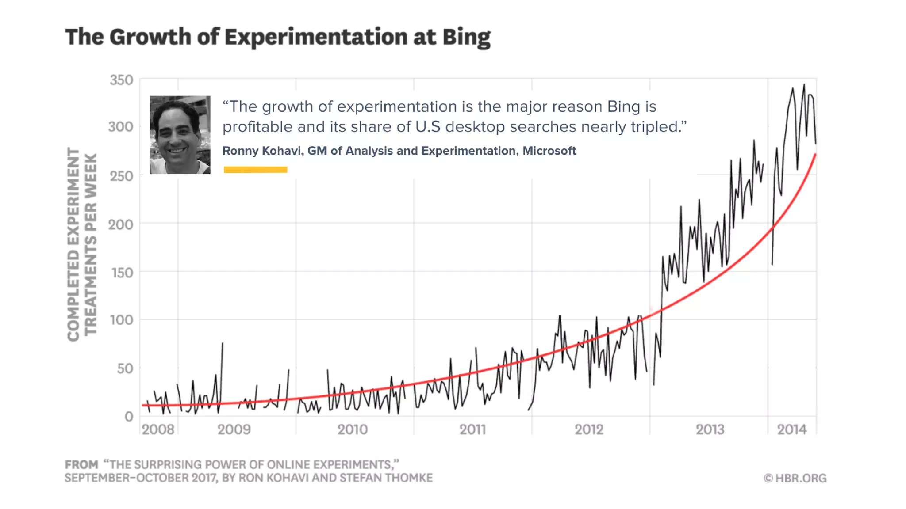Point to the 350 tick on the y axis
pyautogui.click(x=121, y=80)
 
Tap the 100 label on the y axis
pyautogui.click(x=121, y=320)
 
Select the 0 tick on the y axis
pyautogui.click(x=129, y=416)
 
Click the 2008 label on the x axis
pyautogui.click(x=158, y=429)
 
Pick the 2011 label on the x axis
pyautogui.click(x=472, y=429)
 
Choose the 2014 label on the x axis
pyautogui.click(x=792, y=429)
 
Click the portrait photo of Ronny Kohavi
pyautogui.click(x=180, y=135)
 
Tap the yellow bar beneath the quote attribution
pyautogui.click(x=255, y=170)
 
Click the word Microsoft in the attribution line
pyautogui.click(x=549, y=151)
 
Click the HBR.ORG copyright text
pyautogui.click(x=795, y=478)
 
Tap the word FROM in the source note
pyautogui.click(x=81, y=465)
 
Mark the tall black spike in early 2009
pyautogui.click(x=222, y=343)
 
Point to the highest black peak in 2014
pyautogui.click(x=804, y=85)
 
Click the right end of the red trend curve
pyautogui.click(x=815, y=155)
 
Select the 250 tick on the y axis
pyautogui.click(x=121, y=176)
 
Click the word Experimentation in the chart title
pyautogui.click(x=316, y=37)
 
